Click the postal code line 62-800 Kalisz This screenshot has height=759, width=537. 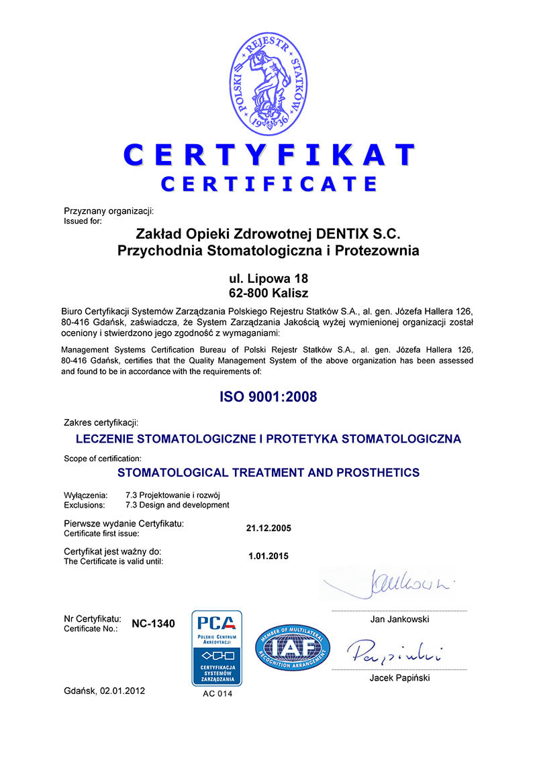point(268,292)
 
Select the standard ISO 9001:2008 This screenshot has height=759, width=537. point(268,397)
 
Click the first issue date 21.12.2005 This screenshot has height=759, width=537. point(269,528)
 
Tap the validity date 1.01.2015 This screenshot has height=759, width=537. point(269,556)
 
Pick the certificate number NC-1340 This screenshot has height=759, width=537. point(153,624)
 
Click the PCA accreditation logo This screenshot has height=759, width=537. point(217,648)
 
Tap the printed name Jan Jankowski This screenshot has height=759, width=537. point(399,620)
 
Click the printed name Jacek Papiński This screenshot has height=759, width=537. point(399,678)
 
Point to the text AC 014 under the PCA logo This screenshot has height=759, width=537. point(217,694)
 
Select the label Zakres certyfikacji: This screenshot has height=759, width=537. point(101,422)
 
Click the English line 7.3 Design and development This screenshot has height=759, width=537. point(177,505)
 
